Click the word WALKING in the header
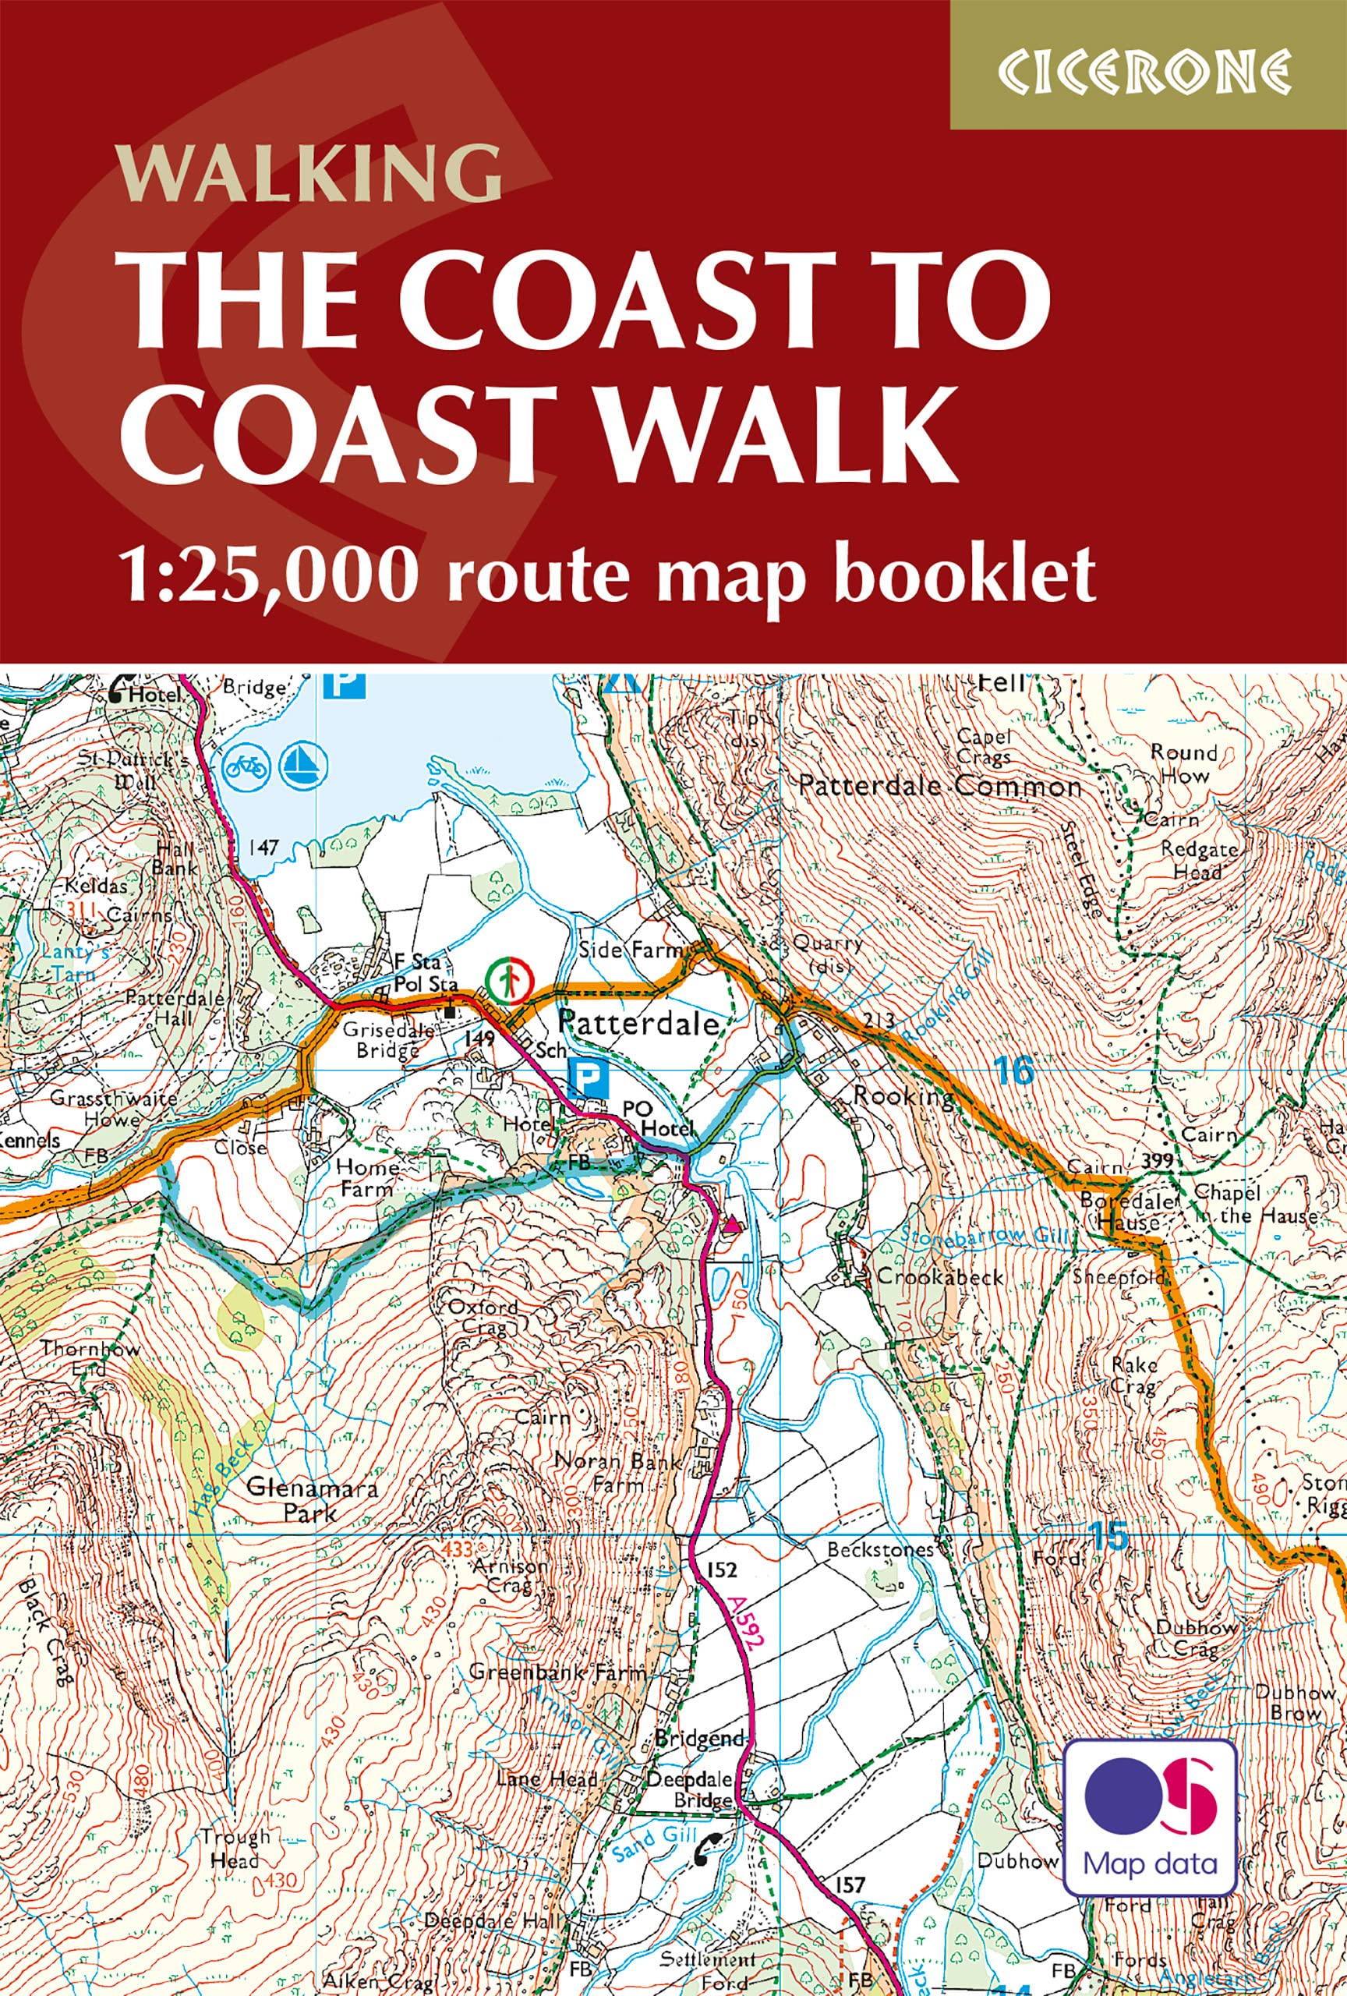pyautogui.click(x=309, y=174)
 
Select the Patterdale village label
pyautogui.click(x=638, y=1024)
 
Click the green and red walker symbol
pyautogui.click(x=508, y=979)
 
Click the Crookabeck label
pyautogui.click(x=939, y=1276)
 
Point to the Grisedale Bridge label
pyautogui.click(x=380, y=1039)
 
